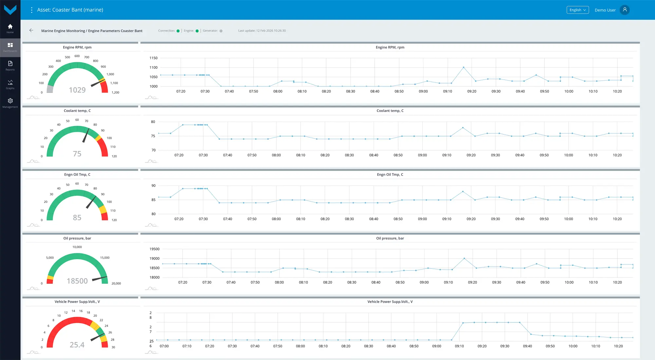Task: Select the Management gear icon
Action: click(x=10, y=101)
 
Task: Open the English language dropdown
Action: click(x=578, y=10)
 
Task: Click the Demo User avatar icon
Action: click(x=625, y=10)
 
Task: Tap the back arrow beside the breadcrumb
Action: click(x=31, y=30)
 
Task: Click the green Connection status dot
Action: click(x=178, y=31)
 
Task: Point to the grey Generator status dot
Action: click(x=221, y=31)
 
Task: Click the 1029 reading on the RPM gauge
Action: click(x=77, y=90)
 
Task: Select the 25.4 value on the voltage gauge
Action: click(x=77, y=345)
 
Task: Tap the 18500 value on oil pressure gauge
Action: click(x=77, y=281)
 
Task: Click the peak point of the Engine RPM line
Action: click(x=463, y=67)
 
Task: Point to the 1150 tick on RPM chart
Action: click(x=153, y=58)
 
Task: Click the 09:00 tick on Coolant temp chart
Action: click(x=422, y=155)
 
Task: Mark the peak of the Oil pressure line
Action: click(x=464, y=259)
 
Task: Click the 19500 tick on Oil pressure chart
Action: click(x=154, y=249)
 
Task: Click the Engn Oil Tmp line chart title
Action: click(x=390, y=174)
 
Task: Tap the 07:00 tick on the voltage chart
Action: click(x=164, y=346)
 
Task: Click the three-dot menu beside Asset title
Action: click(x=31, y=10)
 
